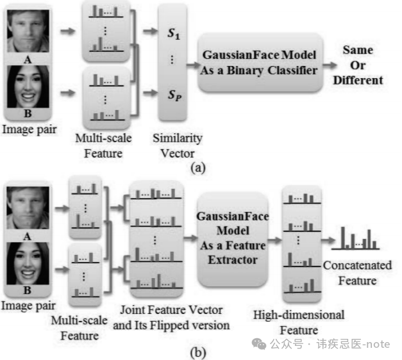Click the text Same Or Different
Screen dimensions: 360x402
362,65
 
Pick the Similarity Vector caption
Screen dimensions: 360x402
177,145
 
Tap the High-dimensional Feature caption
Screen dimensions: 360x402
299,322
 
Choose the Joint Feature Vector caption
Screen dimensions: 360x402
171,318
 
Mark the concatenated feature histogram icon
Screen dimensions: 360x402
357,238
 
